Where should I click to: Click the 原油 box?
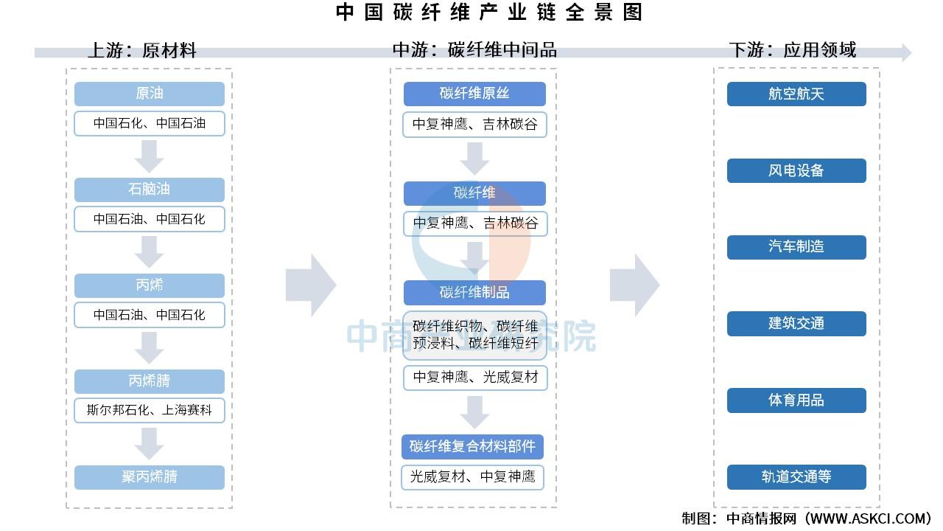[150, 94]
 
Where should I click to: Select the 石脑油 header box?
[150, 190]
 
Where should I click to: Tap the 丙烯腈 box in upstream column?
[150, 381]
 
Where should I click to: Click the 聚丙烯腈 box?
[150, 477]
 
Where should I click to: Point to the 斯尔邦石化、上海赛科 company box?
[150, 410]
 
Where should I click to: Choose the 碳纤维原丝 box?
[474, 94]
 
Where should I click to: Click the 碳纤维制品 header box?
[474, 293]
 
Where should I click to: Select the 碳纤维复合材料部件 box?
[472, 447]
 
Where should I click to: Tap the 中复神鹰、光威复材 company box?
[475, 378]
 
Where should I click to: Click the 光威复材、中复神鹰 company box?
[472, 477]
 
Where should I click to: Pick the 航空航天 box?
[796, 94]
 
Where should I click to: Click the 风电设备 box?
[796, 170]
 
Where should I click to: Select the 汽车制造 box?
[796, 247]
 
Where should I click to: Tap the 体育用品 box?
[796, 400]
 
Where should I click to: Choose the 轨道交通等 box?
[796, 477]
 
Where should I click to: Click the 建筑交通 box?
[796, 324]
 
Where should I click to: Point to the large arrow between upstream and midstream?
[311, 285]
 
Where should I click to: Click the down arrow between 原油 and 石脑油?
[149, 156]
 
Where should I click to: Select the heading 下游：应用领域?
[792, 50]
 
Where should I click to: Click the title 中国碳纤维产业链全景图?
[489, 13]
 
